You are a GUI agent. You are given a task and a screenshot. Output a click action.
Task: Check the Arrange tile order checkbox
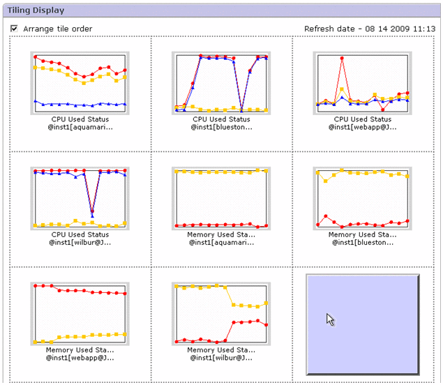pos(14,29)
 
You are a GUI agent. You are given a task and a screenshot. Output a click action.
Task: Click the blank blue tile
pos(362,324)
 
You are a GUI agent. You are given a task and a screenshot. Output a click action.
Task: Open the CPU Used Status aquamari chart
pos(80,82)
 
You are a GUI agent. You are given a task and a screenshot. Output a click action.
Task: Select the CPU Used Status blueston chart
pos(221,82)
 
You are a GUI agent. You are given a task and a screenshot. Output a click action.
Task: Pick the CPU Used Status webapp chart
pos(361,82)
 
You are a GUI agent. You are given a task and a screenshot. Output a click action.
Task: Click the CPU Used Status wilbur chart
pos(80,197)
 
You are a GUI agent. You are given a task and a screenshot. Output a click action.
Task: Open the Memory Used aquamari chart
pos(221,197)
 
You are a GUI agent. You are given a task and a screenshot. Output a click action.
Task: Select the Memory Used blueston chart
pos(361,197)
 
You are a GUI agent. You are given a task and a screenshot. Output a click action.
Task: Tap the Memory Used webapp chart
pos(80,312)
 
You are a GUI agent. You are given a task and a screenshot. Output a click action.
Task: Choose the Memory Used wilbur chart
pos(221,312)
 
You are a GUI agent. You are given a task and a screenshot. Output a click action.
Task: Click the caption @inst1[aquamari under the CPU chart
pos(80,127)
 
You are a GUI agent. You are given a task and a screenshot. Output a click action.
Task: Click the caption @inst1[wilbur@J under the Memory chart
pos(220,358)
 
